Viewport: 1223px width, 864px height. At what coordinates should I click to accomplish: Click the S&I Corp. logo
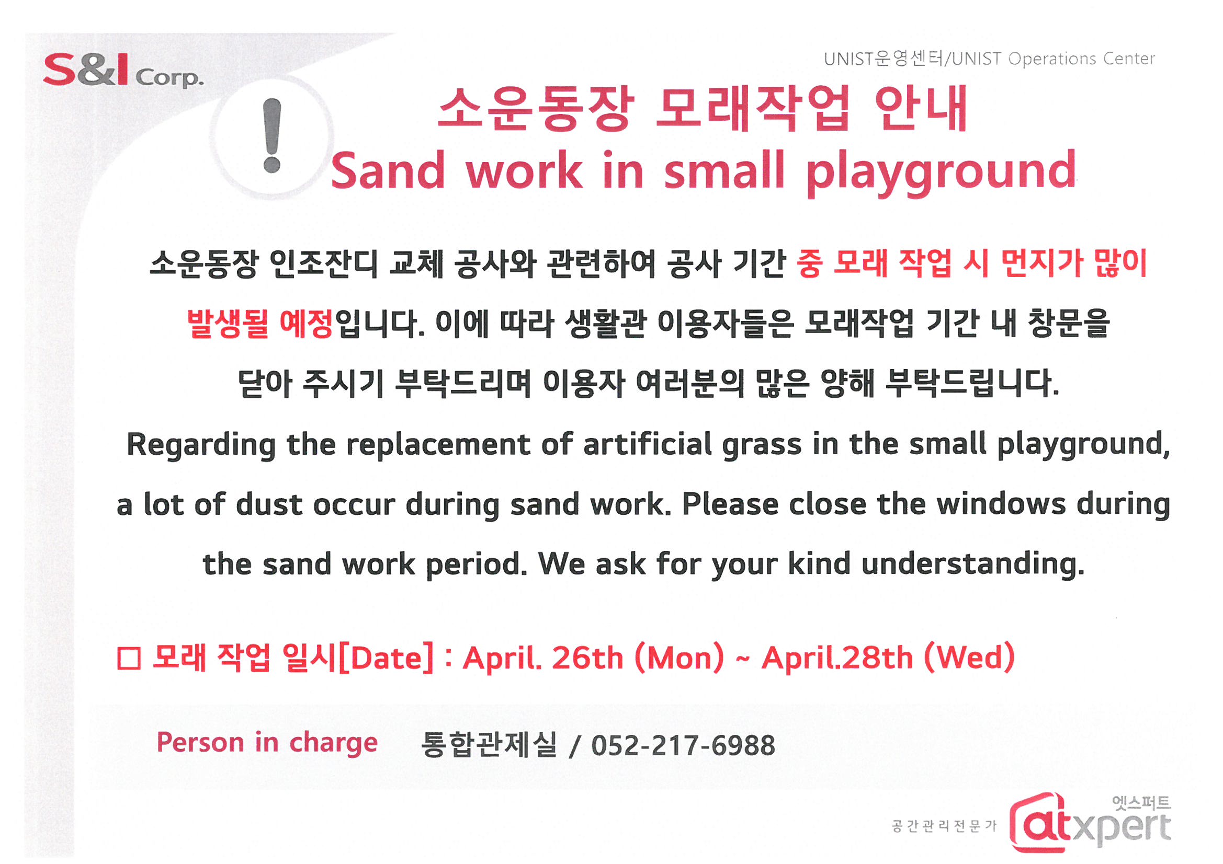pyautogui.click(x=123, y=70)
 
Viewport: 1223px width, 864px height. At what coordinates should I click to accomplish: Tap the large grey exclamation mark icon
pyautogui.click(x=272, y=135)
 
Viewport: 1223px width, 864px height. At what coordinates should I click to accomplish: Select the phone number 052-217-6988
pyautogui.click(x=683, y=745)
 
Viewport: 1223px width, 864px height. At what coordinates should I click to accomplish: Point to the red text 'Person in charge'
pyautogui.click(x=267, y=743)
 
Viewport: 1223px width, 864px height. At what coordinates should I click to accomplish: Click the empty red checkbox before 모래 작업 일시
pyautogui.click(x=129, y=659)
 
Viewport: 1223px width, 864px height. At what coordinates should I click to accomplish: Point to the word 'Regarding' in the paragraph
pyautogui.click(x=201, y=445)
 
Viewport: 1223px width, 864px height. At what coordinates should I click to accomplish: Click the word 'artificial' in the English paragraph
pyautogui.click(x=647, y=444)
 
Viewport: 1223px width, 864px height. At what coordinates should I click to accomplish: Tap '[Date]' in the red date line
pyautogui.click(x=386, y=659)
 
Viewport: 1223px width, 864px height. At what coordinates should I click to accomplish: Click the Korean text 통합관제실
pyautogui.click(x=489, y=744)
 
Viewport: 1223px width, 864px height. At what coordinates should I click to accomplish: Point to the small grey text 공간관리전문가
pyautogui.click(x=944, y=826)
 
